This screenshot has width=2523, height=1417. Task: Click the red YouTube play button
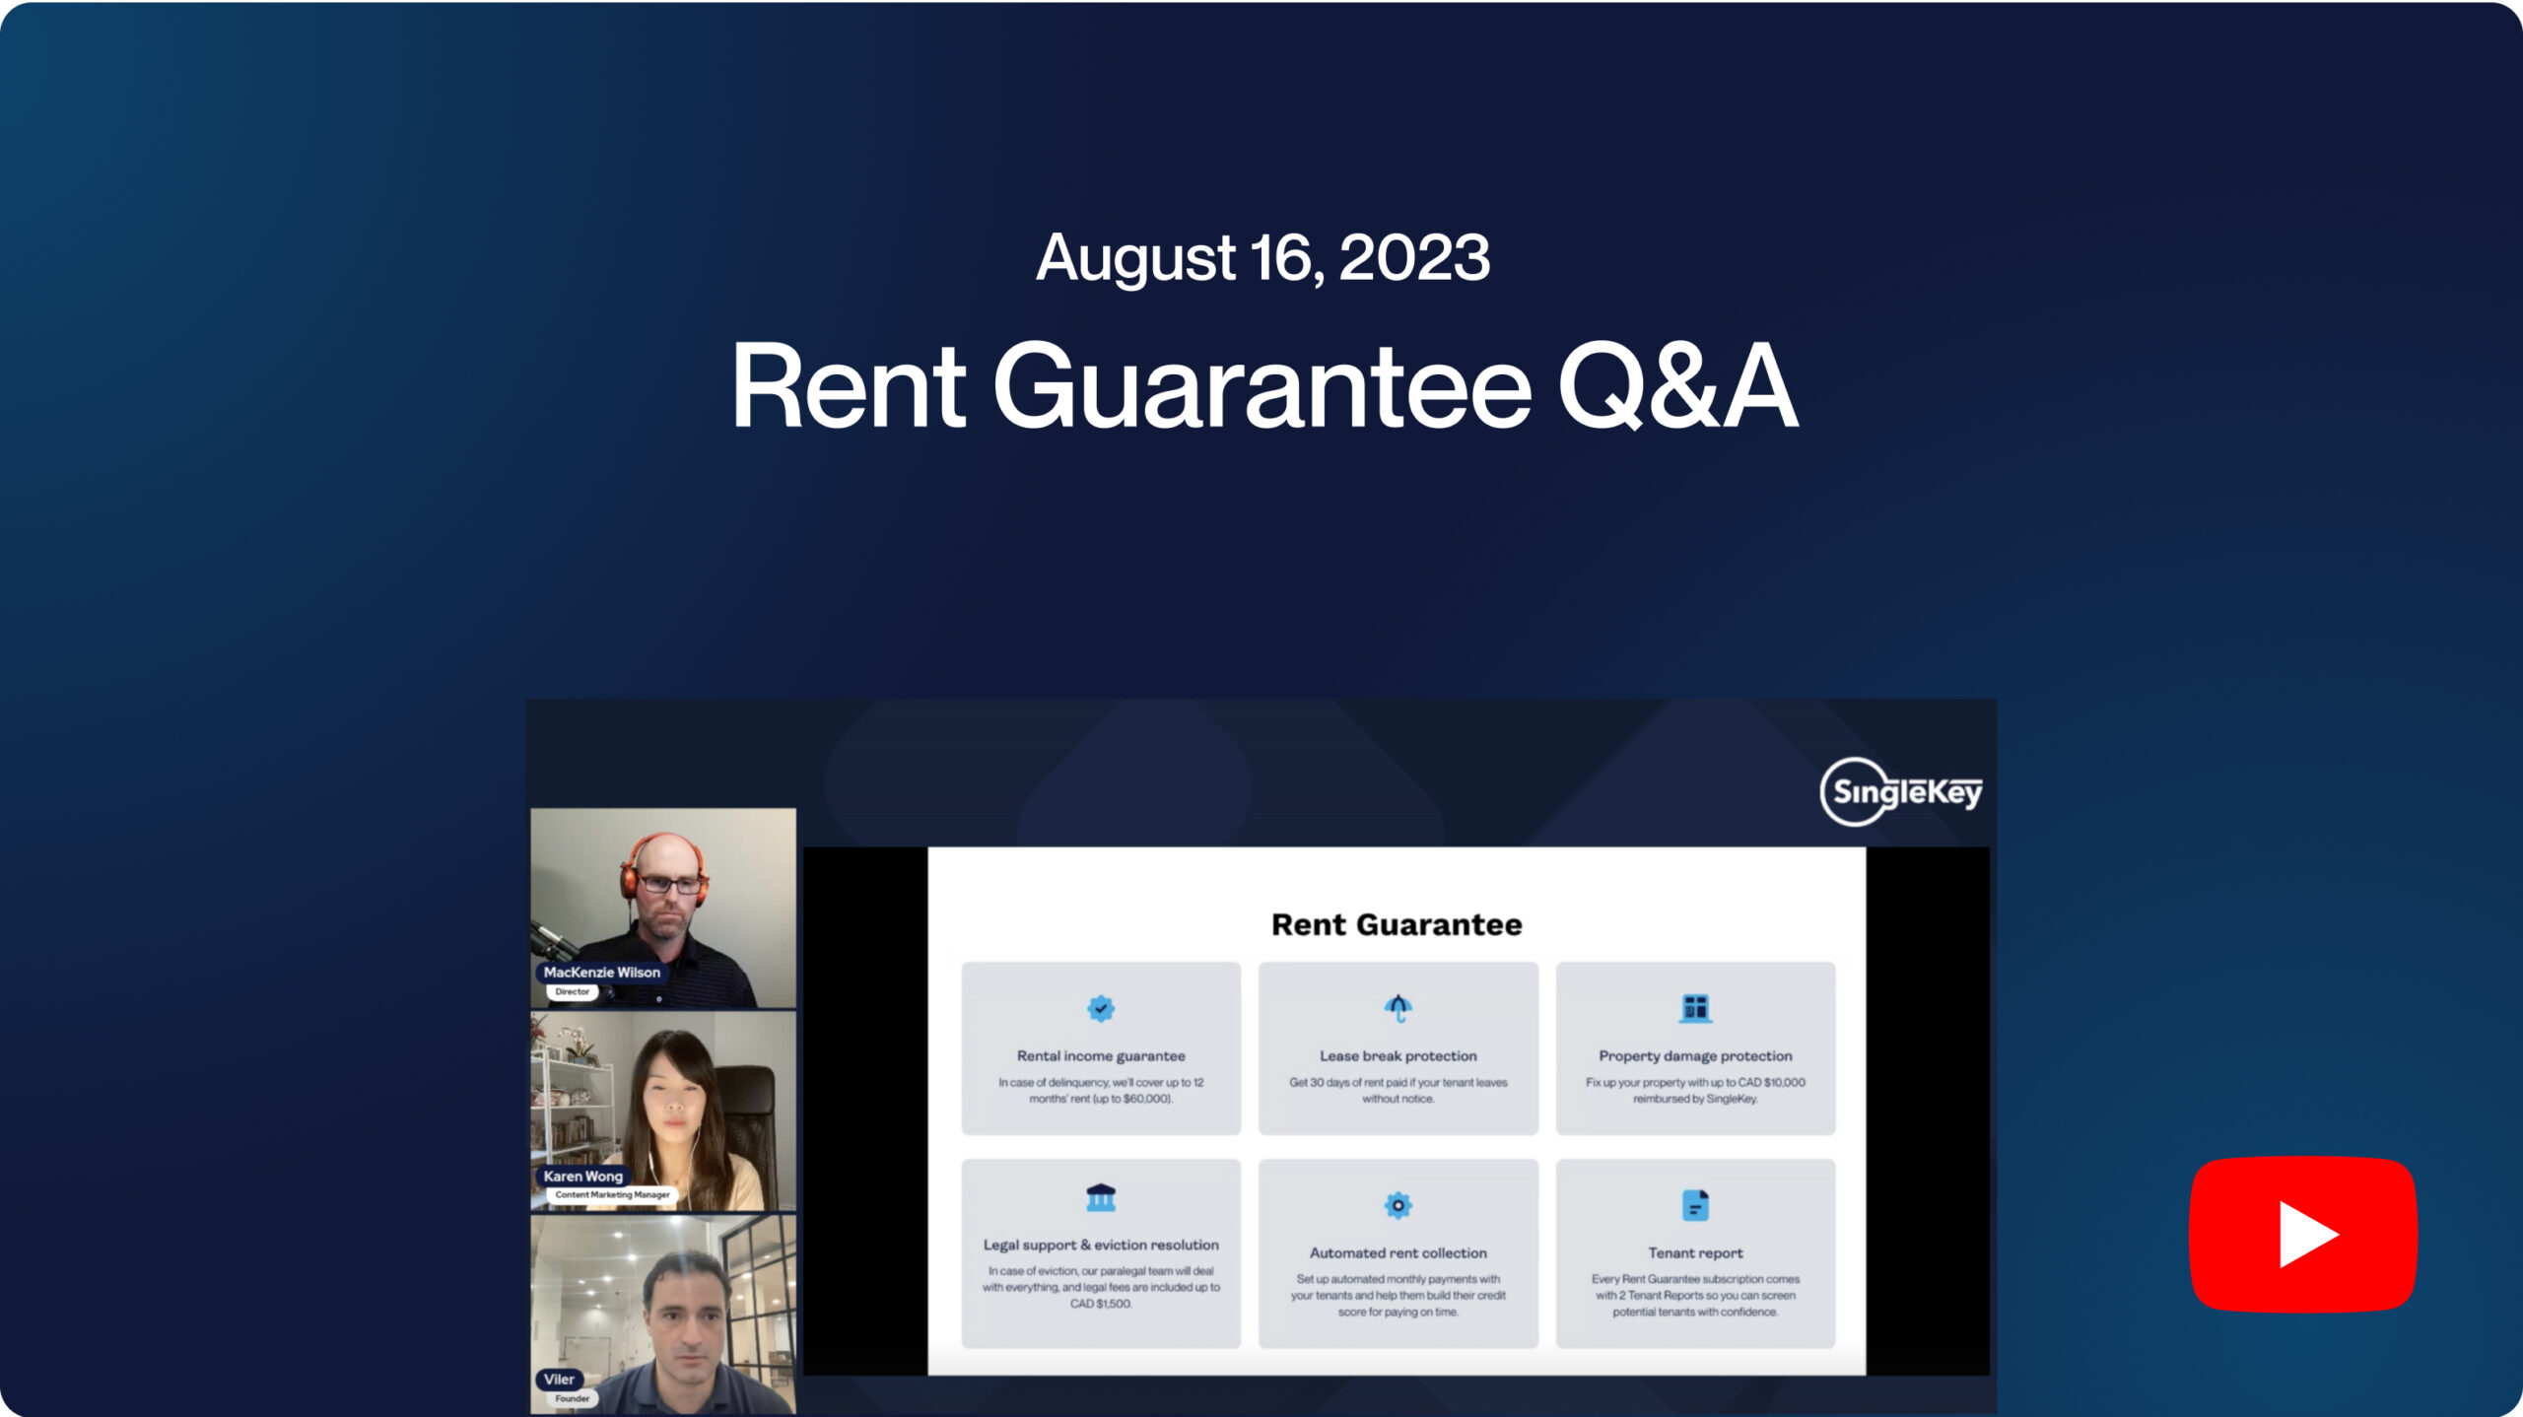coord(2303,1234)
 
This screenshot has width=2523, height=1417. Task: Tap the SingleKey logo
coord(1901,791)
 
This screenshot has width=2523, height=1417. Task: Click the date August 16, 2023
coord(1262,257)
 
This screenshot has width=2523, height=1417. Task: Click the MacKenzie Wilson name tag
coord(601,972)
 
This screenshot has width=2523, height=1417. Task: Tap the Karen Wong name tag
coord(582,1176)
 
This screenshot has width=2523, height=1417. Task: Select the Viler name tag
coord(559,1379)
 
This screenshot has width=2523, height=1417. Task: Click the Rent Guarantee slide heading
coord(1397,924)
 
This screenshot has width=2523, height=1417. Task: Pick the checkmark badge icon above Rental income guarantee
coord(1101,1008)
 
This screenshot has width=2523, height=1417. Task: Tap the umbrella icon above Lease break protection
coord(1398,1008)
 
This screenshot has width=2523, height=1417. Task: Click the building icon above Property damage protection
coord(1695,1008)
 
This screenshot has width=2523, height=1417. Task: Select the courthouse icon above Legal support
coord(1101,1197)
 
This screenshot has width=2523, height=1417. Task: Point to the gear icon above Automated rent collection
coord(1398,1205)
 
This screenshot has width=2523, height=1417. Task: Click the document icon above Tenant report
coord(1695,1205)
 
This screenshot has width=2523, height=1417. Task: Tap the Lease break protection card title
coord(1398,1055)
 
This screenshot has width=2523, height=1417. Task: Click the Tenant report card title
coord(1695,1252)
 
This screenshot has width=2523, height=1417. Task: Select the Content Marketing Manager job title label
coord(612,1194)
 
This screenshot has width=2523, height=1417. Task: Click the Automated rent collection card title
coord(1398,1252)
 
